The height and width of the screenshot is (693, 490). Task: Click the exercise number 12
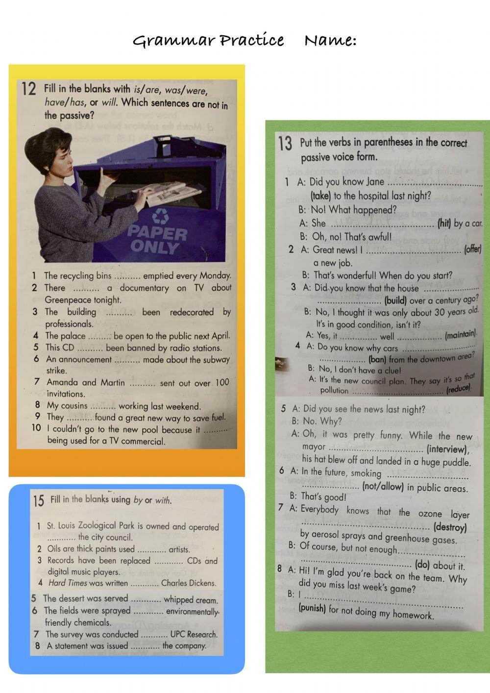(29, 90)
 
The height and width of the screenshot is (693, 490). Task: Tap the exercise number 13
(285, 144)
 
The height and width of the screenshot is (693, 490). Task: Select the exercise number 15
(39, 501)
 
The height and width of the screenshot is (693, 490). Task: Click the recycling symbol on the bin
(160, 216)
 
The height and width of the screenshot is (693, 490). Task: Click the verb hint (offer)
(472, 249)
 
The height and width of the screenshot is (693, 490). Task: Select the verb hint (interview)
(447, 449)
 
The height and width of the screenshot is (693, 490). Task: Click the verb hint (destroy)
(450, 527)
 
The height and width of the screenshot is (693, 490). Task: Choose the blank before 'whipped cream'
(146, 599)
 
